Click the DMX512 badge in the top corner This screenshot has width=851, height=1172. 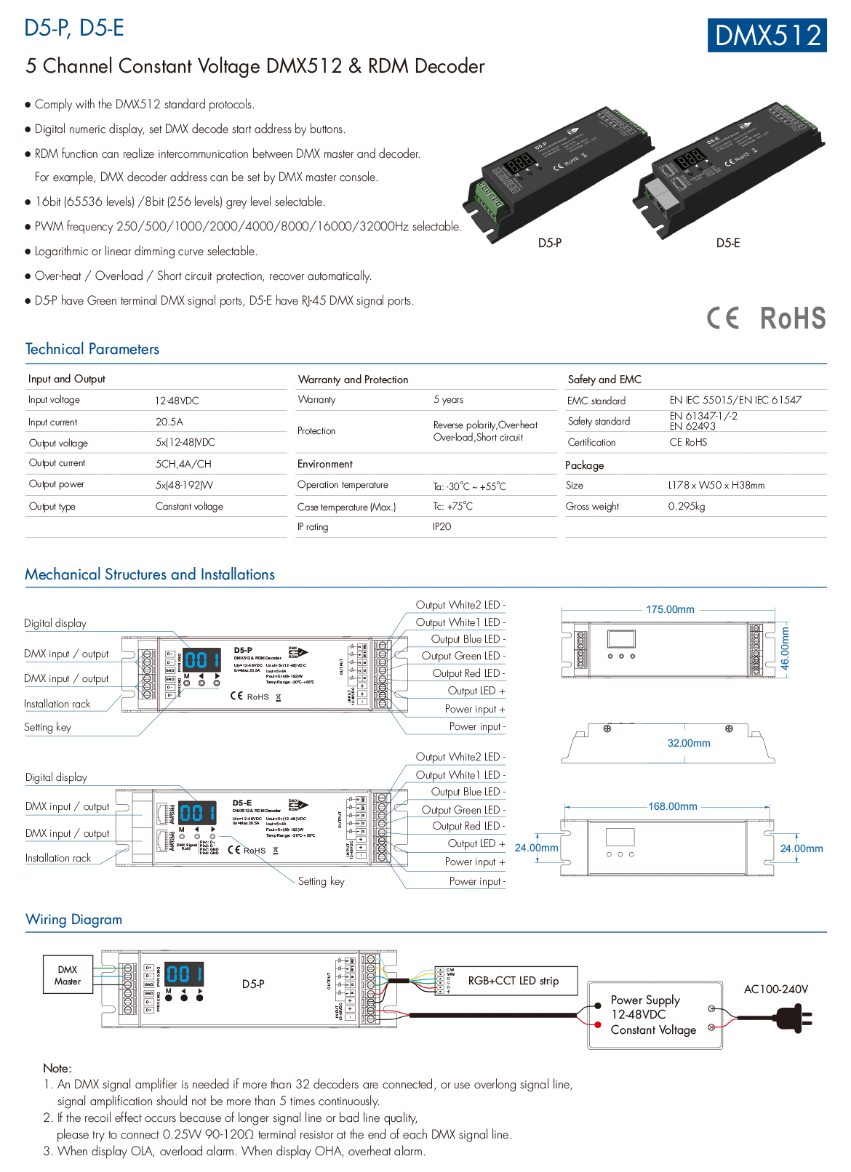767,35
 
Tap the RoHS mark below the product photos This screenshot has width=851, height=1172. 792,318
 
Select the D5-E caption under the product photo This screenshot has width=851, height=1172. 727,243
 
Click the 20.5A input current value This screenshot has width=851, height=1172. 169,422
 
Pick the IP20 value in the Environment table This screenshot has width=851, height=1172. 442,526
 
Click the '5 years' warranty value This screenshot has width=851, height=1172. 448,399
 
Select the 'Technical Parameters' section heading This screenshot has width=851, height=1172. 92,349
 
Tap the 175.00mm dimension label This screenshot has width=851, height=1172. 670,609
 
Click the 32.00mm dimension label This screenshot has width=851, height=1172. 689,743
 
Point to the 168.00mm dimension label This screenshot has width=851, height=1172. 673,806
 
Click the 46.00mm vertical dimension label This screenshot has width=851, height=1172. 785,648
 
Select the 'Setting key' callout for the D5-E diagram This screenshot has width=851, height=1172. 321,881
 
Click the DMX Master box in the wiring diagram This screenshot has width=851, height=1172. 68,976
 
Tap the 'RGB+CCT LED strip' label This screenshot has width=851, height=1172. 513,981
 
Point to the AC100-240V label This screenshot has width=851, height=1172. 775,990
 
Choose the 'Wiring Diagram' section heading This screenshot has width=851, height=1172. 73,920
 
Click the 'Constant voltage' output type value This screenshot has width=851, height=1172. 189,506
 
